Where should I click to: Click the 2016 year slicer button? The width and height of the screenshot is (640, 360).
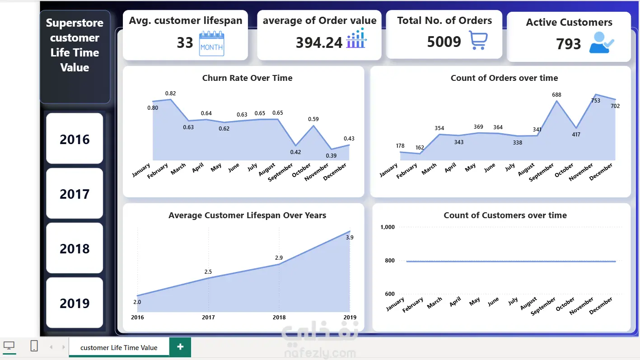point(75,139)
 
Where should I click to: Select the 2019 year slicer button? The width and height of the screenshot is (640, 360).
point(75,303)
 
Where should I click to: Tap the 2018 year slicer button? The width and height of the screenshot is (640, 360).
point(75,248)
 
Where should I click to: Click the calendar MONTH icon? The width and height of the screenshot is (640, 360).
point(211,43)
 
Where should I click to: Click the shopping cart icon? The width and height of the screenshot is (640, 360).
point(478,41)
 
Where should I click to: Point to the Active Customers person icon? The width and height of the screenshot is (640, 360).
point(602,43)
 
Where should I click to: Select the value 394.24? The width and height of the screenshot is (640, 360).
point(319,42)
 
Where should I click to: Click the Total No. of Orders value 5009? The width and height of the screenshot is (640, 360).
point(444,42)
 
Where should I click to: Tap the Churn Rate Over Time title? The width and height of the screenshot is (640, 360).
point(247,78)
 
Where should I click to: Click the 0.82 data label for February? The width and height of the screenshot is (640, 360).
point(170,94)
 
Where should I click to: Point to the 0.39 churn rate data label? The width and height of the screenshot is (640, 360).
point(332,156)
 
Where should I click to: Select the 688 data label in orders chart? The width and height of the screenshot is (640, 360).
point(556,95)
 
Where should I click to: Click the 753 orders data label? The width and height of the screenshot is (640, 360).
point(595,101)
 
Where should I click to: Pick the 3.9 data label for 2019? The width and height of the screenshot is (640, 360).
point(349,238)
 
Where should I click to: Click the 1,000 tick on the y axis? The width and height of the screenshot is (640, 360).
point(388,227)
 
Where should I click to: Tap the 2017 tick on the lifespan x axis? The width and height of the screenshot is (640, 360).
point(208,318)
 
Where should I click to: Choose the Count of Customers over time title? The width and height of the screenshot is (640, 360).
point(505,215)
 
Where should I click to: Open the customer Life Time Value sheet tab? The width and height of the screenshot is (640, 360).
point(119,347)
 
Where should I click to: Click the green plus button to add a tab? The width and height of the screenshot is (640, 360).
point(180,347)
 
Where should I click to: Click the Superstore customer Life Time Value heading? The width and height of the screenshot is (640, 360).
point(75,45)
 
